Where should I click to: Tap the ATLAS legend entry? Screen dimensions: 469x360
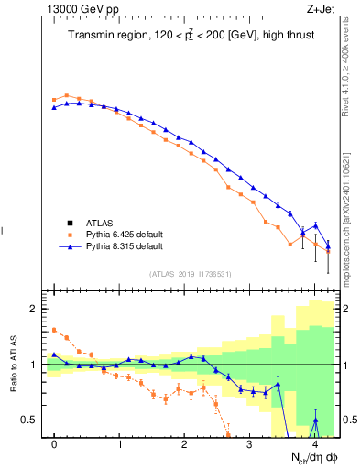[101, 223]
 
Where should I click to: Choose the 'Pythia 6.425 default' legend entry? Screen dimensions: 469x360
[125, 234]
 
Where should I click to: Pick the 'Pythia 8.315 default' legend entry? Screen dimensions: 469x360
[125, 246]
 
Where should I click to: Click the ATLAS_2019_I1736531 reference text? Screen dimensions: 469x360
[191, 274]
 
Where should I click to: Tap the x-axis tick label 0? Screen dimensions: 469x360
[55, 444]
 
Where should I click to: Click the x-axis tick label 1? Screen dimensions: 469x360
[120, 444]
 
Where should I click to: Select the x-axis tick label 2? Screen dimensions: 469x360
[185, 444]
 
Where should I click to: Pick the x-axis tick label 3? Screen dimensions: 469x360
[250, 444]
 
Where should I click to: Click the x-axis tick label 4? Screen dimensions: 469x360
[315, 444]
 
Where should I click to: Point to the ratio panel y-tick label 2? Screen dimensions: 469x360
[34, 310]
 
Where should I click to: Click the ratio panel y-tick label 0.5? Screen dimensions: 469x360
[29, 420]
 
